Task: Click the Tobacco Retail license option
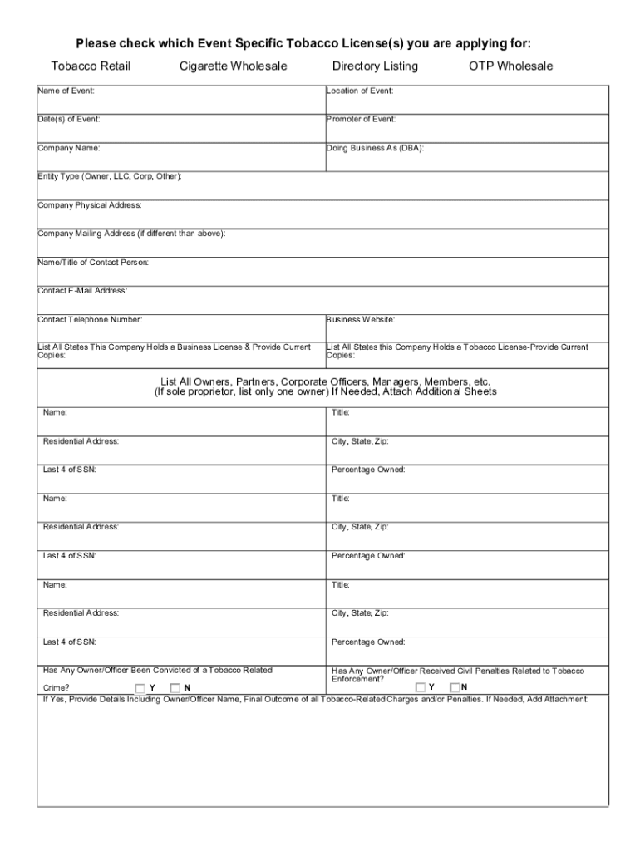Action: point(91,66)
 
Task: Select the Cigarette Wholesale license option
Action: point(233,66)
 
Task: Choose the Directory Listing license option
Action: point(375,66)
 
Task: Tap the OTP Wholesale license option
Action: point(510,66)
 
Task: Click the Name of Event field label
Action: point(66,91)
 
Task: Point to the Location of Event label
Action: point(360,91)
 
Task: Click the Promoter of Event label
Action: point(361,119)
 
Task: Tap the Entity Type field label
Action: point(110,176)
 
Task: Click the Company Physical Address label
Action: point(90,204)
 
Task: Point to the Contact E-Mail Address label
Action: point(82,291)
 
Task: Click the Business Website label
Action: point(360,319)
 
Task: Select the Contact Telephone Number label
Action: point(90,319)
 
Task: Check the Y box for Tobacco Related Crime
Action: point(140,688)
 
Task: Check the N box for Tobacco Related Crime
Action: point(175,688)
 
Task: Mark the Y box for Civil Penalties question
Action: point(421,687)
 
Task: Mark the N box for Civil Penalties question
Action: point(455,687)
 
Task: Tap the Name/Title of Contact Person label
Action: point(93,263)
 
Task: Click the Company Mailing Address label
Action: point(130,234)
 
